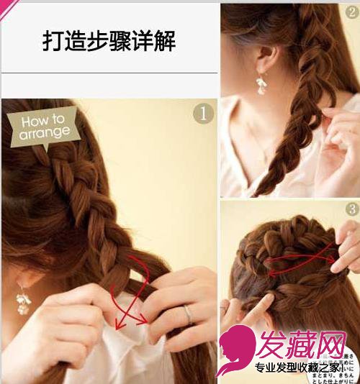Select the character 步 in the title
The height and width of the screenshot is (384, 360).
(x=103, y=41)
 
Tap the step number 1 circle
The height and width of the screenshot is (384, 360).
(x=204, y=114)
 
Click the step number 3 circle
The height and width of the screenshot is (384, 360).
(x=351, y=209)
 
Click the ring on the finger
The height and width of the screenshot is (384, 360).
(x=189, y=312)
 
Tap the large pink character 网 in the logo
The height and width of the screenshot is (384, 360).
(x=338, y=343)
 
